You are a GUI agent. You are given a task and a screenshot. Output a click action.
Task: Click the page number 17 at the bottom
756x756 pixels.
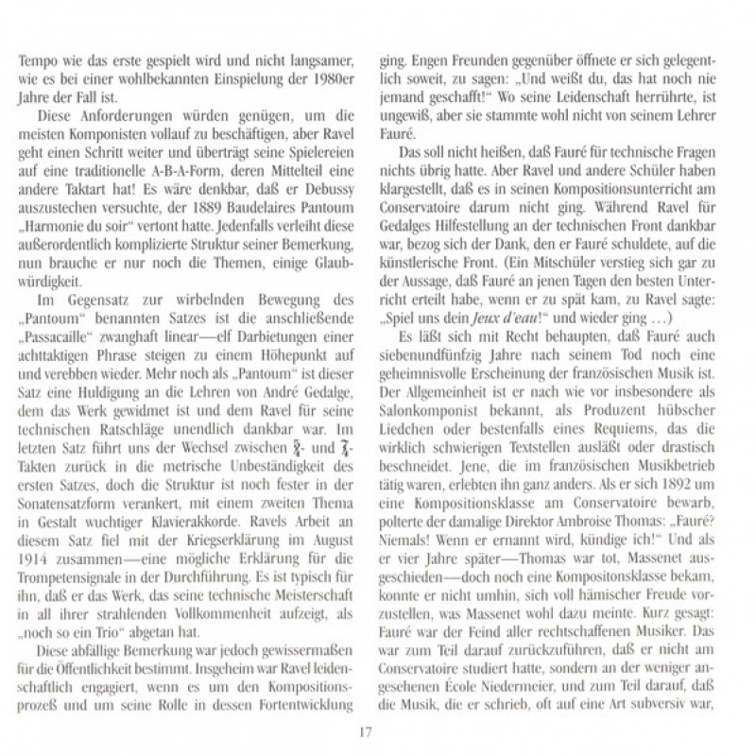pos(377,731)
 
